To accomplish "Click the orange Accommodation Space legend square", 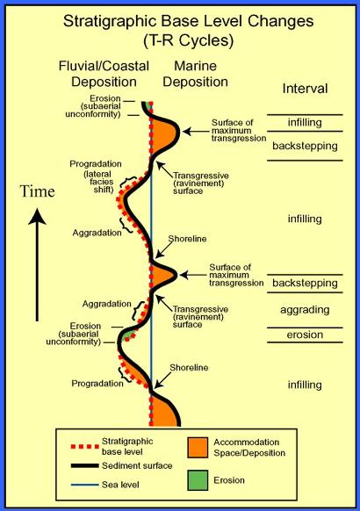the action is pos(198,448).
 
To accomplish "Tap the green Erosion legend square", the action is pos(198,480).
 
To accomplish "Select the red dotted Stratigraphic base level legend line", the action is pos(84,446).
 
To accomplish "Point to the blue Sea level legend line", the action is pos(84,485).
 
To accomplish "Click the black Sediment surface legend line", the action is pos(84,465).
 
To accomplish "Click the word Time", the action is pos(37,191).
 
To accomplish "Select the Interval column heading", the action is pos(305,89).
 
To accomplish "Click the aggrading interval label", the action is pos(305,310).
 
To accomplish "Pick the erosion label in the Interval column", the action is pos(305,335).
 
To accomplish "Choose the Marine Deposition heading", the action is pos(196,74).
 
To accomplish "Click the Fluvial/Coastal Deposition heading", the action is pos(104,74).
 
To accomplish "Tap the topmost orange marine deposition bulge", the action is pos(163,134).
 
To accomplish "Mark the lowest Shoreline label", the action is pos(189,368).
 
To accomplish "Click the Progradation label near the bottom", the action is pos(97,384).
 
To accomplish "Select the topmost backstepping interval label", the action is pos(305,146).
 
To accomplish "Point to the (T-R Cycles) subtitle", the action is pos(188,41).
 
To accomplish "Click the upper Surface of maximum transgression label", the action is pos(239,130).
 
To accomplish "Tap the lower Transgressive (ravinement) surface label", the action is pos(200,317).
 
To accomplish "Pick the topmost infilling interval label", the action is pos(305,123).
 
